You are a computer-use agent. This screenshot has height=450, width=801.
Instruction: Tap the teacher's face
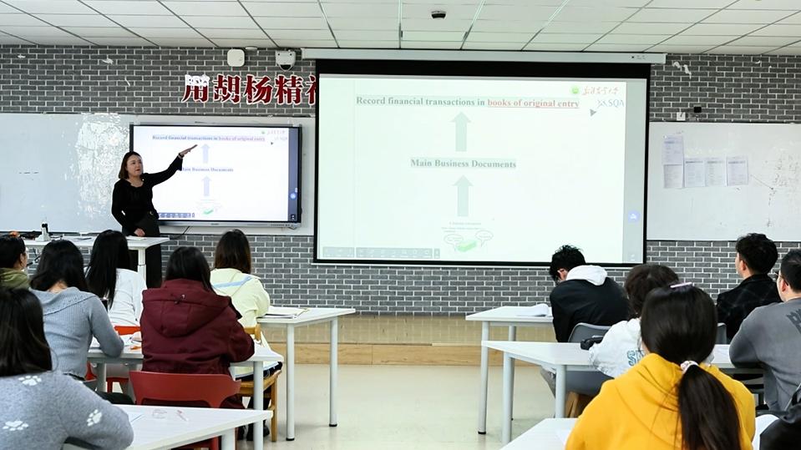click(x=129, y=164)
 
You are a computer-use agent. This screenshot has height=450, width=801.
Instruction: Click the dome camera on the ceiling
click(x=439, y=14)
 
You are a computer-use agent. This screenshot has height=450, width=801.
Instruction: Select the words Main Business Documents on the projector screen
click(x=463, y=164)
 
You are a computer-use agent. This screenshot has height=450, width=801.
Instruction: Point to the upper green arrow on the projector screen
click(x=460, y=131)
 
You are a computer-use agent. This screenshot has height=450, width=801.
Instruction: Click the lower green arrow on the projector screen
click(x=463, y=195)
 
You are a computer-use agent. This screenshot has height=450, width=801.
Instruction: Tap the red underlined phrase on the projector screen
click(x=533, y=103)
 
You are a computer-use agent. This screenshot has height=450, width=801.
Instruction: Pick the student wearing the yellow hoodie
click(x=660, y=392)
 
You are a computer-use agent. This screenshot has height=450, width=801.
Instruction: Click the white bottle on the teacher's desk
click(x=44, y=231)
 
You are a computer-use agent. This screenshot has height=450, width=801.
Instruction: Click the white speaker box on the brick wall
click(x=236, y=58)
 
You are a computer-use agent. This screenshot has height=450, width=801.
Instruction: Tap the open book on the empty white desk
click(x=284, y=312)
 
